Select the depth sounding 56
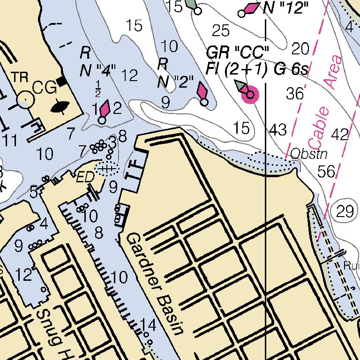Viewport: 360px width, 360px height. click(327, 172)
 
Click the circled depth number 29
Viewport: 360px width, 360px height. click(346, 212)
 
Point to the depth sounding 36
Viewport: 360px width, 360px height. click(295, 94)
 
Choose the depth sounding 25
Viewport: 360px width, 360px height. click(221, 31)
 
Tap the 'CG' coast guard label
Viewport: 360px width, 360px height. click(44, 87)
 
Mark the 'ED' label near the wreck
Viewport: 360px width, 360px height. click(86, 177)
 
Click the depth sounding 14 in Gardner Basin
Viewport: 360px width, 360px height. click(148, 324)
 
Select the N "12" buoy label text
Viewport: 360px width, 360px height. click(286, 8)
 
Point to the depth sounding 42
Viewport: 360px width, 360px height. click(340, 135)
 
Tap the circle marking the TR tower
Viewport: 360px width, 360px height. click(25, 99)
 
